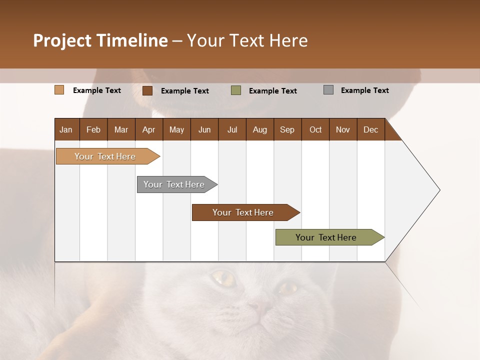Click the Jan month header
pyautogui.click(x=66, y=129)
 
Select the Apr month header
pyautogui.click(x=149, y=129)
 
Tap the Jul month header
pyautogui.click(x=232, y=129)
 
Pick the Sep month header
pyautogui.click(x=287, y=129)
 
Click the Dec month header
pyautogui.click(x=370, y=129)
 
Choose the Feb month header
pyautogui.click(x=93, y=129)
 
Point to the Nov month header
pyautogui.click(x=343, y=129)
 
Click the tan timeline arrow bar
pyautogui.click(x=105, y=156)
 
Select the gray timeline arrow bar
pyautogui.click(x=174, y=184)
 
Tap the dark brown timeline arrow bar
pyautogui.click(x=243, y=212)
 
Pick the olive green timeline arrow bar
pyautogui.click(x=326, y=237)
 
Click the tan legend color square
pyautogui.click(x=59, y=90)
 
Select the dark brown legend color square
pyautogui.click(x=147, y=90)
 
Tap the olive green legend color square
pyautogui.click(x=236, y=90)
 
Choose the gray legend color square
pyautogui.click(x=328, y=90)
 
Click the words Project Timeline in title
pyautogui.click(x=100, y=40)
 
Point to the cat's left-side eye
pyautogui.click(x=223, y=277)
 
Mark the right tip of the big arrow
pyautogui.click(x=439, y=190)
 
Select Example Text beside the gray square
pyautogui.click(x=364, y=90)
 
